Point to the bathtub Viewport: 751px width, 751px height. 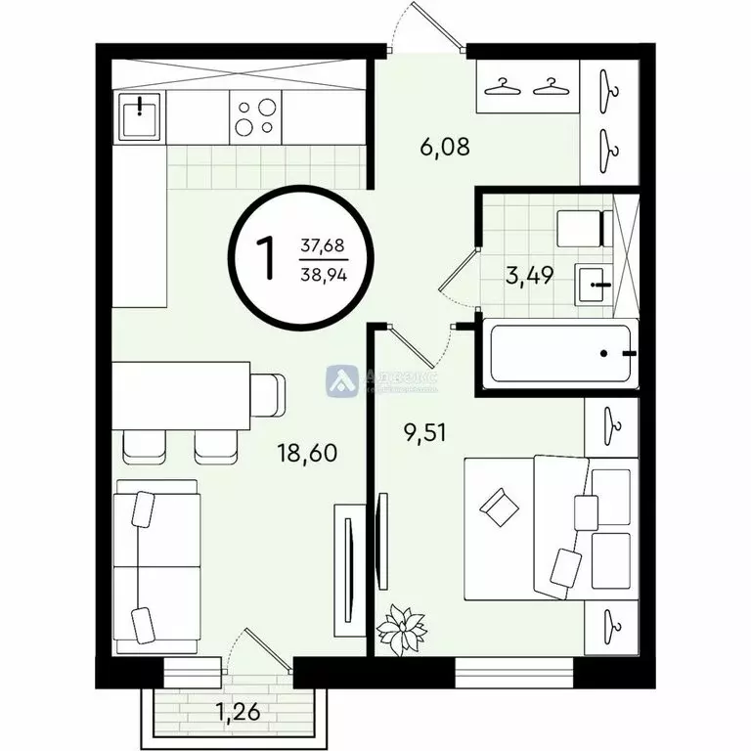pos(556,353)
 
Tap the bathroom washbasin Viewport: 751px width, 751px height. pos(594,284)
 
